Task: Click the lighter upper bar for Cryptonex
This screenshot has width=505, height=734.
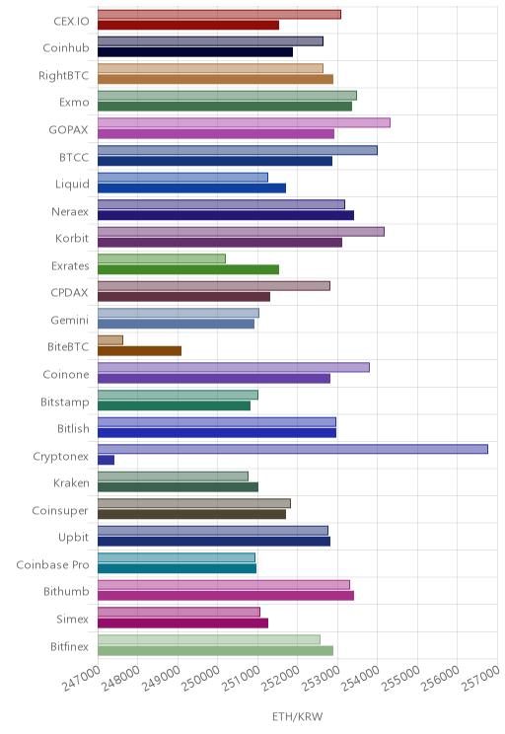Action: [293, 449]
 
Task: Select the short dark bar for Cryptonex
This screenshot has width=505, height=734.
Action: [106, 460]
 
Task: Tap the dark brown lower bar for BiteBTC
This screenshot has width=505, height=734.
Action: [139, 351]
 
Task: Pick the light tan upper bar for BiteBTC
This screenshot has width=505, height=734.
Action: [110, 340]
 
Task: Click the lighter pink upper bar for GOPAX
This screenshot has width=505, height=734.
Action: [244, 122]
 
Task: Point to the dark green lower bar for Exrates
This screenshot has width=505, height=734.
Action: [188, 269]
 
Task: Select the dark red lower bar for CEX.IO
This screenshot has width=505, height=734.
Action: [188, 25]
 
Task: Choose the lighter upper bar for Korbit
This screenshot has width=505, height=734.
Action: [241, 232]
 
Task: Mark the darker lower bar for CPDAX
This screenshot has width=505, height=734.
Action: [183, 297]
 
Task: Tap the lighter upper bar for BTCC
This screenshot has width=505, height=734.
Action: [238, 150]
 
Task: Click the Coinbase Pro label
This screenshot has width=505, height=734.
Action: [52, 565]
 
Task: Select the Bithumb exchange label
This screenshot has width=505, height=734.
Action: [66, 592]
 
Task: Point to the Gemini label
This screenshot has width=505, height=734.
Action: [69, 321]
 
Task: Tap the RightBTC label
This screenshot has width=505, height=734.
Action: [64, 75]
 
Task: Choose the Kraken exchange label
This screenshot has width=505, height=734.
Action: [71, 483]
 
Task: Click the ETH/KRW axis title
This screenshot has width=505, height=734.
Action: [298, 716]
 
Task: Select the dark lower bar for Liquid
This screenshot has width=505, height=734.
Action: [192, 188]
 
